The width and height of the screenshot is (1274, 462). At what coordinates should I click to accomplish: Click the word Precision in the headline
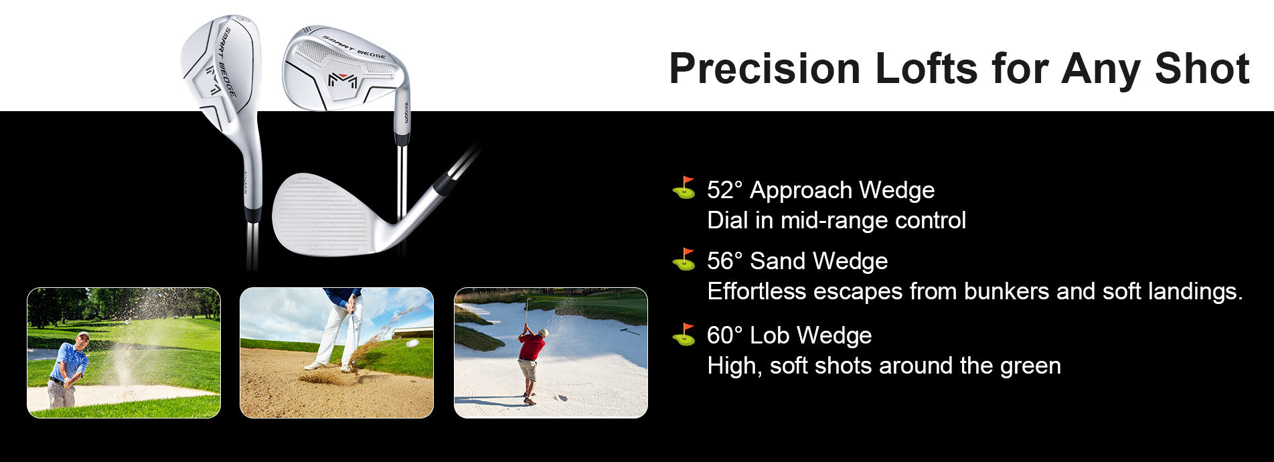(765, 69)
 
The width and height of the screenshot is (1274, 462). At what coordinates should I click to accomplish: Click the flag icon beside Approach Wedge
(684, 188)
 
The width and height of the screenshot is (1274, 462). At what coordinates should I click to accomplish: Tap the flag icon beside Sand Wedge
(684, 259)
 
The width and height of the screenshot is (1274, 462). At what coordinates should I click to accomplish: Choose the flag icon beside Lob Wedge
(684, 334)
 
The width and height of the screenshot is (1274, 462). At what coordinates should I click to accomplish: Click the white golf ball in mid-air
(412, 343)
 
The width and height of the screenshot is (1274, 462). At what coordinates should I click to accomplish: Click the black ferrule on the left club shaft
(252, 215)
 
